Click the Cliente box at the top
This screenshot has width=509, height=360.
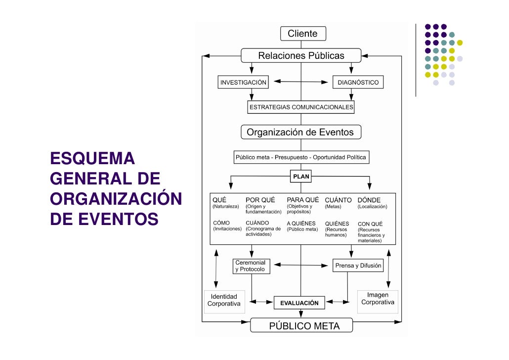click(x=303, y=34)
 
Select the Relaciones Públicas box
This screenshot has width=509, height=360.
click(x=301, y=55)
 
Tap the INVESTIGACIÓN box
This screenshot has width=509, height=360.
click(x=243, y=82)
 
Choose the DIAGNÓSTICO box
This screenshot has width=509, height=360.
click(x=358, y=82)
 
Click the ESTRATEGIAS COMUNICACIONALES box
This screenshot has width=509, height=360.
click(x=301, y=107)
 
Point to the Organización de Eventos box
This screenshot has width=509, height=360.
click(x=300, y=132)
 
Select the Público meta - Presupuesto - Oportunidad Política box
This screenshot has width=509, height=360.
click(x=301, y=157)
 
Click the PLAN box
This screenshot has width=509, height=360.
click(x=301, y=176)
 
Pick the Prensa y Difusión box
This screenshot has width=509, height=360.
click(x=358, y=266)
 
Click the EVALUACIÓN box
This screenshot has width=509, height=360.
click(x=299, y=303)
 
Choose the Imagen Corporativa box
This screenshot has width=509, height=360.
click(x=378, y=299)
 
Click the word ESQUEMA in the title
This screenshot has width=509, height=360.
click(x=92, y=159)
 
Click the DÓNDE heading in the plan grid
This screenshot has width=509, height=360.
click(x=369, y=200)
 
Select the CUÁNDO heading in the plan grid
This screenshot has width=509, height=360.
click(x=257, y=223)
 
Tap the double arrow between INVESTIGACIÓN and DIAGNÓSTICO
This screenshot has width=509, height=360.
click(x=301, y=82)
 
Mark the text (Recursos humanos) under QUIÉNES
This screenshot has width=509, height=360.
click(x=336, y=232)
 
